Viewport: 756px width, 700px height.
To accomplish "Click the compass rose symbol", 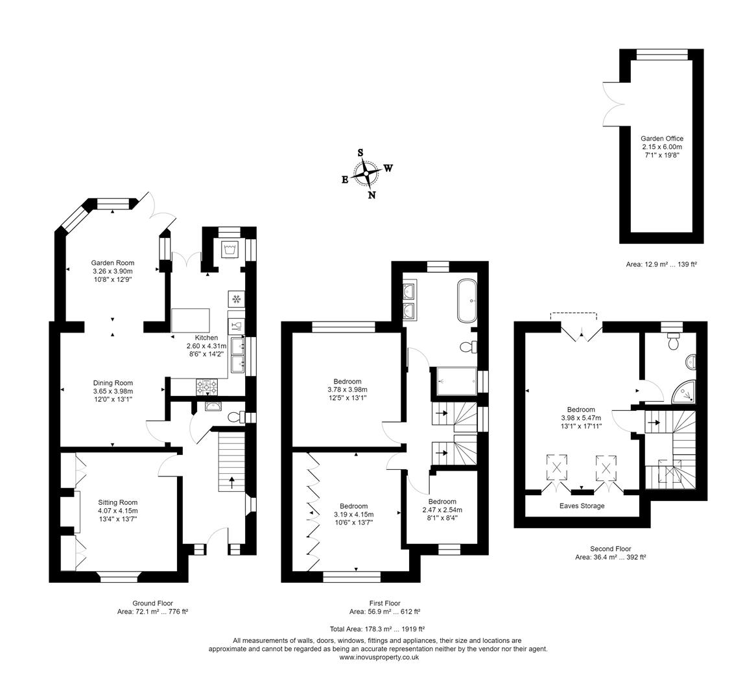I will tap(366, 173).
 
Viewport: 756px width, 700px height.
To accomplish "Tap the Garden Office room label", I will tap(661, 146).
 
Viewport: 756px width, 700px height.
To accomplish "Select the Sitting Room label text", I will tap(118, 510).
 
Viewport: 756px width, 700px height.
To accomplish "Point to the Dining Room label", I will tap(113, 391).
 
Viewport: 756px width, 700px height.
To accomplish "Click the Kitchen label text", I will tap(207, 345).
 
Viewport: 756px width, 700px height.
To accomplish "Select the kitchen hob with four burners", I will tap(207, 386).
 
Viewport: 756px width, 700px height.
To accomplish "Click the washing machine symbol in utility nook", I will tap(229, 248).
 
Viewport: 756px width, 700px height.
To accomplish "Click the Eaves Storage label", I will tap(582, 506).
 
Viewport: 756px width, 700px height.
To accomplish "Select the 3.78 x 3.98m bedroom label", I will tap(348, 390).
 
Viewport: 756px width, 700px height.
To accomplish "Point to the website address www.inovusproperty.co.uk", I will tap(379, 657).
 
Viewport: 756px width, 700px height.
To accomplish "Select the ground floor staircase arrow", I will tap(231, 482).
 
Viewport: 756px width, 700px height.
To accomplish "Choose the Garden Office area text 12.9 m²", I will tap(661, 264).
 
